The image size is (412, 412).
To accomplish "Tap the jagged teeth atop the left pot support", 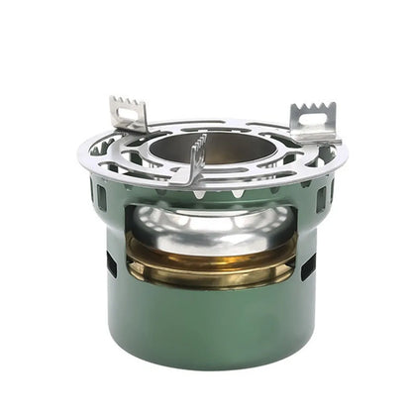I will click(x=126, y=102).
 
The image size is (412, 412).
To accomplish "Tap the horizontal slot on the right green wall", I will click(x=309, y=264).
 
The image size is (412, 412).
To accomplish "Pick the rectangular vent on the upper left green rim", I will click(x=101, y=196).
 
